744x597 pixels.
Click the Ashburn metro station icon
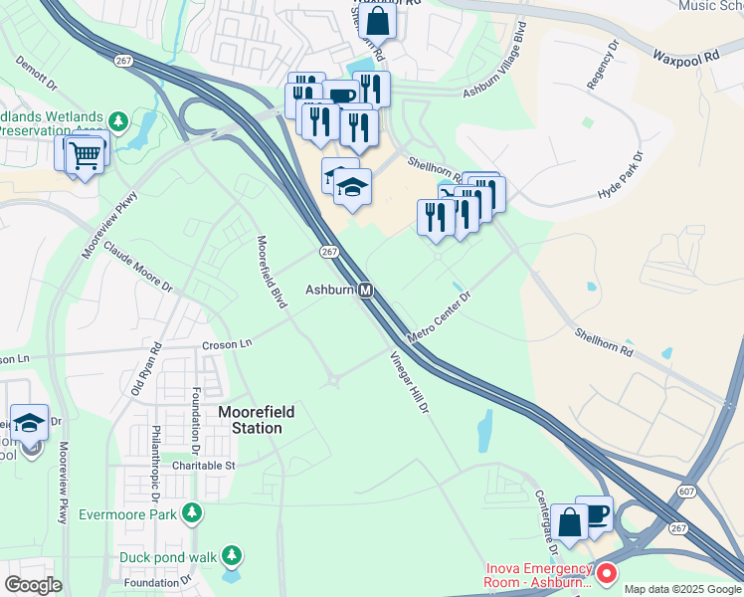click(x=366, y=291)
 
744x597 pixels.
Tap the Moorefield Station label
click(x=250, y=420)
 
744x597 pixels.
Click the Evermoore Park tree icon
click(x=192, y=513)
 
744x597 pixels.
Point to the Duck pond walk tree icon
click(x=232, y=554)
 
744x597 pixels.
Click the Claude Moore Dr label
click(x=138, y=269)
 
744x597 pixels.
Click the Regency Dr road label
click(x=603, y=66)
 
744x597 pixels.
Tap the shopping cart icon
click(x=86, y=153)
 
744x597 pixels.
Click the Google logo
click(x=33, y=585)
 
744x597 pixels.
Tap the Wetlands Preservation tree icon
click(x=119, y=120)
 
